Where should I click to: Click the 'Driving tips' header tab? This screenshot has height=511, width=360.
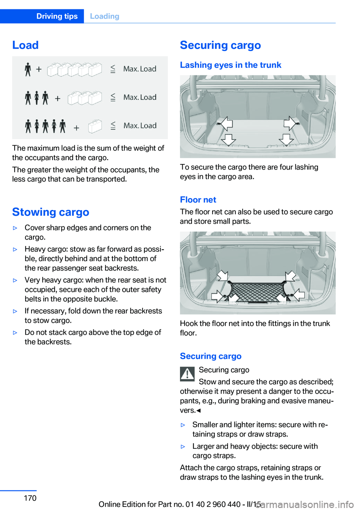57,16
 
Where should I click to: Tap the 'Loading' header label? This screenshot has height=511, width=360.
105,16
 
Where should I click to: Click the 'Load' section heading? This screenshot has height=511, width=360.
25,45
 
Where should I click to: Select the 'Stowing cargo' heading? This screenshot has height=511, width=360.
51,212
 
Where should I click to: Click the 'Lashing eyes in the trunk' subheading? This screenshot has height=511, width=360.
231,65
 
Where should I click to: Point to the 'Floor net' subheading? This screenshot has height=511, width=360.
198,200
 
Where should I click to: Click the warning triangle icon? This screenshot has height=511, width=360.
187,374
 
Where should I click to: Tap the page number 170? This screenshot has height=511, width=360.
30,498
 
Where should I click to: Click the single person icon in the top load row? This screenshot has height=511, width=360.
28,69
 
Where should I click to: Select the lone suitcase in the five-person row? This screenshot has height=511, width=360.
95,126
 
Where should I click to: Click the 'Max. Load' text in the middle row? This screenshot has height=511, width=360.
140,98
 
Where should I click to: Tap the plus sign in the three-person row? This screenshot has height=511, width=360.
58,99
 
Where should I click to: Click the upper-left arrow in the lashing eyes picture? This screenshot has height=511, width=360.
226,124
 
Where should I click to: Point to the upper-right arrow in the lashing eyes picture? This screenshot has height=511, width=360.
290,123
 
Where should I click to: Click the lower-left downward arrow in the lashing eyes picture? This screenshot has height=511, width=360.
229,140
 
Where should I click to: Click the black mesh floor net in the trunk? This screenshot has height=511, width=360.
258,292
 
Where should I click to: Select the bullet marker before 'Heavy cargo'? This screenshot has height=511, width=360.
15,249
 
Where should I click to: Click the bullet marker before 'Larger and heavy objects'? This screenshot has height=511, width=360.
183,447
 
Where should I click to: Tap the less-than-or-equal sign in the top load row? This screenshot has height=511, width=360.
113,69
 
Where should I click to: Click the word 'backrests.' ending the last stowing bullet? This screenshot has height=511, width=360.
48,342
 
